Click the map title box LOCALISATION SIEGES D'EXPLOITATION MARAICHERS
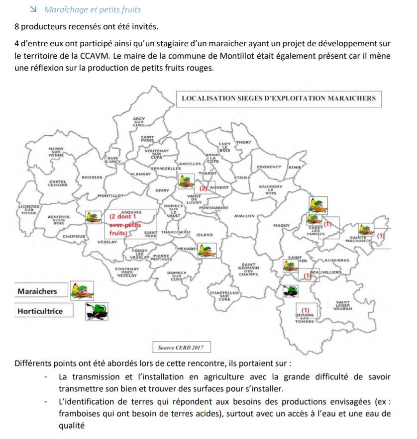278,98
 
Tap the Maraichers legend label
37,291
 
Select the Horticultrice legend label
40,311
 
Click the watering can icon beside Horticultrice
97,311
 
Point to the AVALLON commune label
244,216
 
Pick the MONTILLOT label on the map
110,196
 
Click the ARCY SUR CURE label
139,122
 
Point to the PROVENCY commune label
269,167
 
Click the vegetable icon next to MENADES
204,250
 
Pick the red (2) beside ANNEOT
204,189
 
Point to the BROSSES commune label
92,177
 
